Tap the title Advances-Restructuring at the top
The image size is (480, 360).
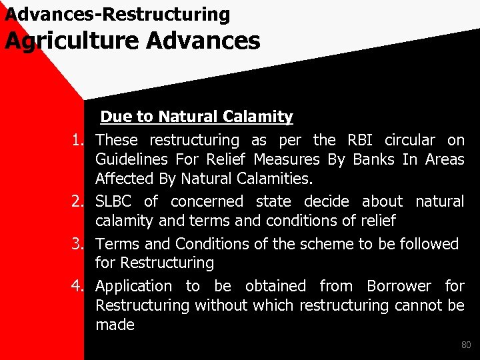[117, 13]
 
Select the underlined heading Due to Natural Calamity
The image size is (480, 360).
[196, 117]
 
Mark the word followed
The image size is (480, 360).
[426, 244]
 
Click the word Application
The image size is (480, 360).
[133, 287]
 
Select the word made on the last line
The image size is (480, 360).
[115, 325]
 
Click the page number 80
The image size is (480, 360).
[466, 345]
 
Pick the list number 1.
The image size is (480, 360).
[79, 140]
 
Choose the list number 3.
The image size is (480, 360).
[79, 244]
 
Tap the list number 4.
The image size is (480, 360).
[79, 287]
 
